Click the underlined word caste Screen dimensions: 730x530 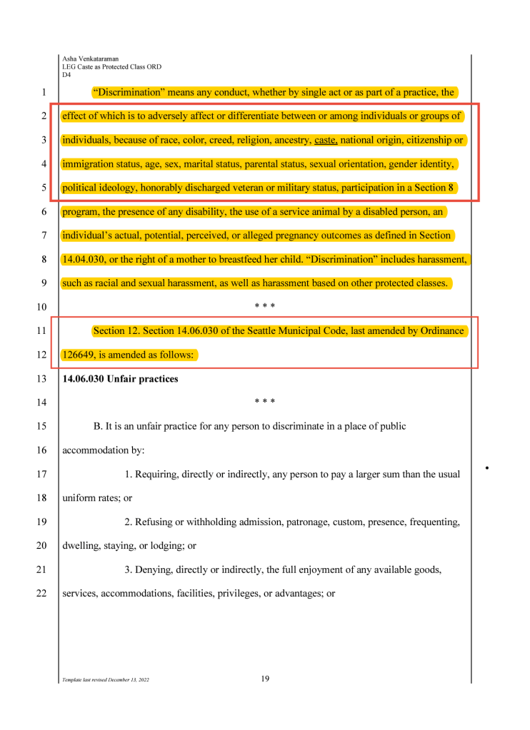click(x=326, y=140)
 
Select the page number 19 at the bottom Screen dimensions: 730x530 click(x=265, y=679)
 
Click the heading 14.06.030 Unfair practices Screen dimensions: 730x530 click(x=120, y=379)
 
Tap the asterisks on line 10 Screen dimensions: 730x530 click(x=265, y=307)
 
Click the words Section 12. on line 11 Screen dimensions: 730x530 click(x=118, y=330)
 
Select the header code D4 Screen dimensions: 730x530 click(x=66, y=74)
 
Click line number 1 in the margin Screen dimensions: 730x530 click(x=44, y=92)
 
